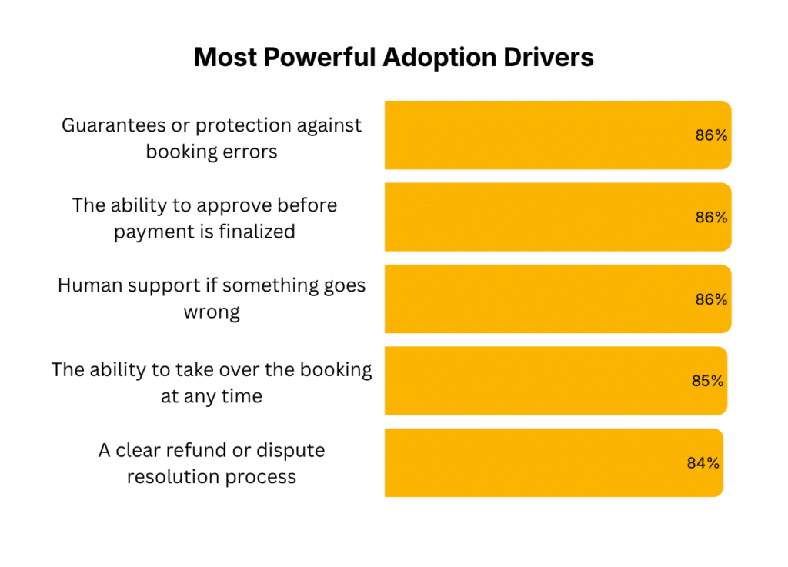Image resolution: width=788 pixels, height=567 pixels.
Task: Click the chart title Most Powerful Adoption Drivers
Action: [393, 58]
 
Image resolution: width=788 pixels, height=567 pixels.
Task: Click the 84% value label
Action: [703, 463]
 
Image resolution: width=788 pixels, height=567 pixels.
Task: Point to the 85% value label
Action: [706, 381]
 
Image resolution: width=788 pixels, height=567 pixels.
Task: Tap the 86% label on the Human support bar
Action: [711, 299]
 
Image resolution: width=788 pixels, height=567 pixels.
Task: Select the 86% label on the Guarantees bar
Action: [711, 135]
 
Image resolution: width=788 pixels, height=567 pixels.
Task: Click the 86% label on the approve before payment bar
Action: [711, 217]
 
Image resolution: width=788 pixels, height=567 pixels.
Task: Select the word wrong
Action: [212, 312]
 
